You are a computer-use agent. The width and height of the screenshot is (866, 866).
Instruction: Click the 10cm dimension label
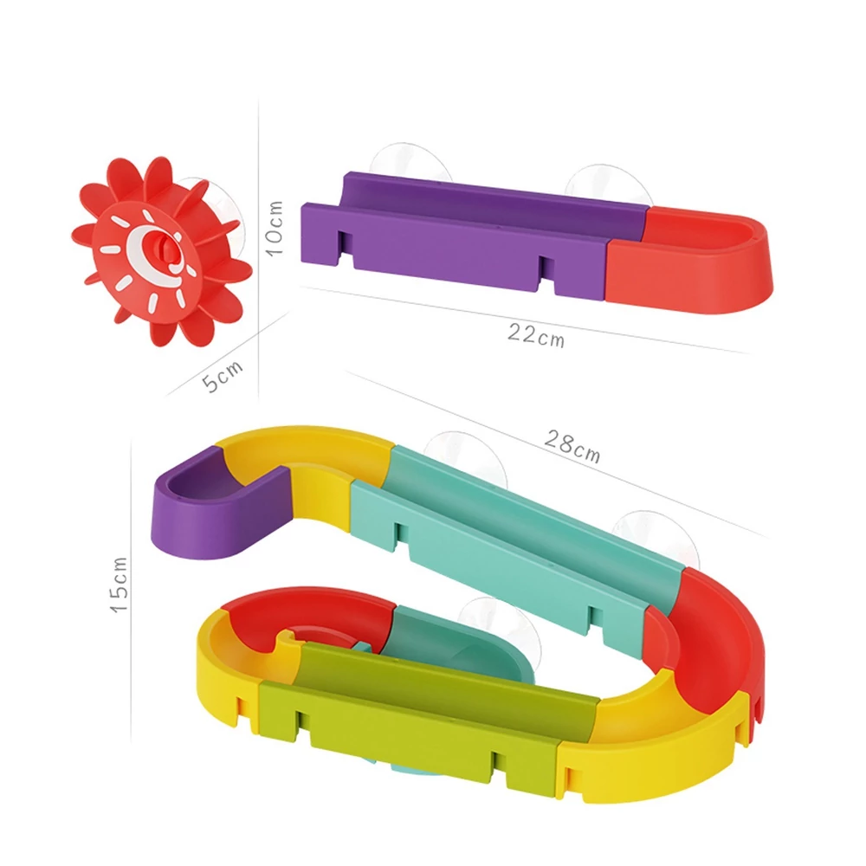point(275,228)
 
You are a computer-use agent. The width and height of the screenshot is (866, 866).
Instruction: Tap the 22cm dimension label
point(536,335)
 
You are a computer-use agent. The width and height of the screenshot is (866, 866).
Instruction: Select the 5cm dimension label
point(222,375)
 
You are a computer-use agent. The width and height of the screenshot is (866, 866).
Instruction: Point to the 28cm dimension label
point(572,446)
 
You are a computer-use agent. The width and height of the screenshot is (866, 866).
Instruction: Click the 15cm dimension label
point(120,585)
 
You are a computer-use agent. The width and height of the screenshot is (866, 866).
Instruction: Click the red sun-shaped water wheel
point(160,251)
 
